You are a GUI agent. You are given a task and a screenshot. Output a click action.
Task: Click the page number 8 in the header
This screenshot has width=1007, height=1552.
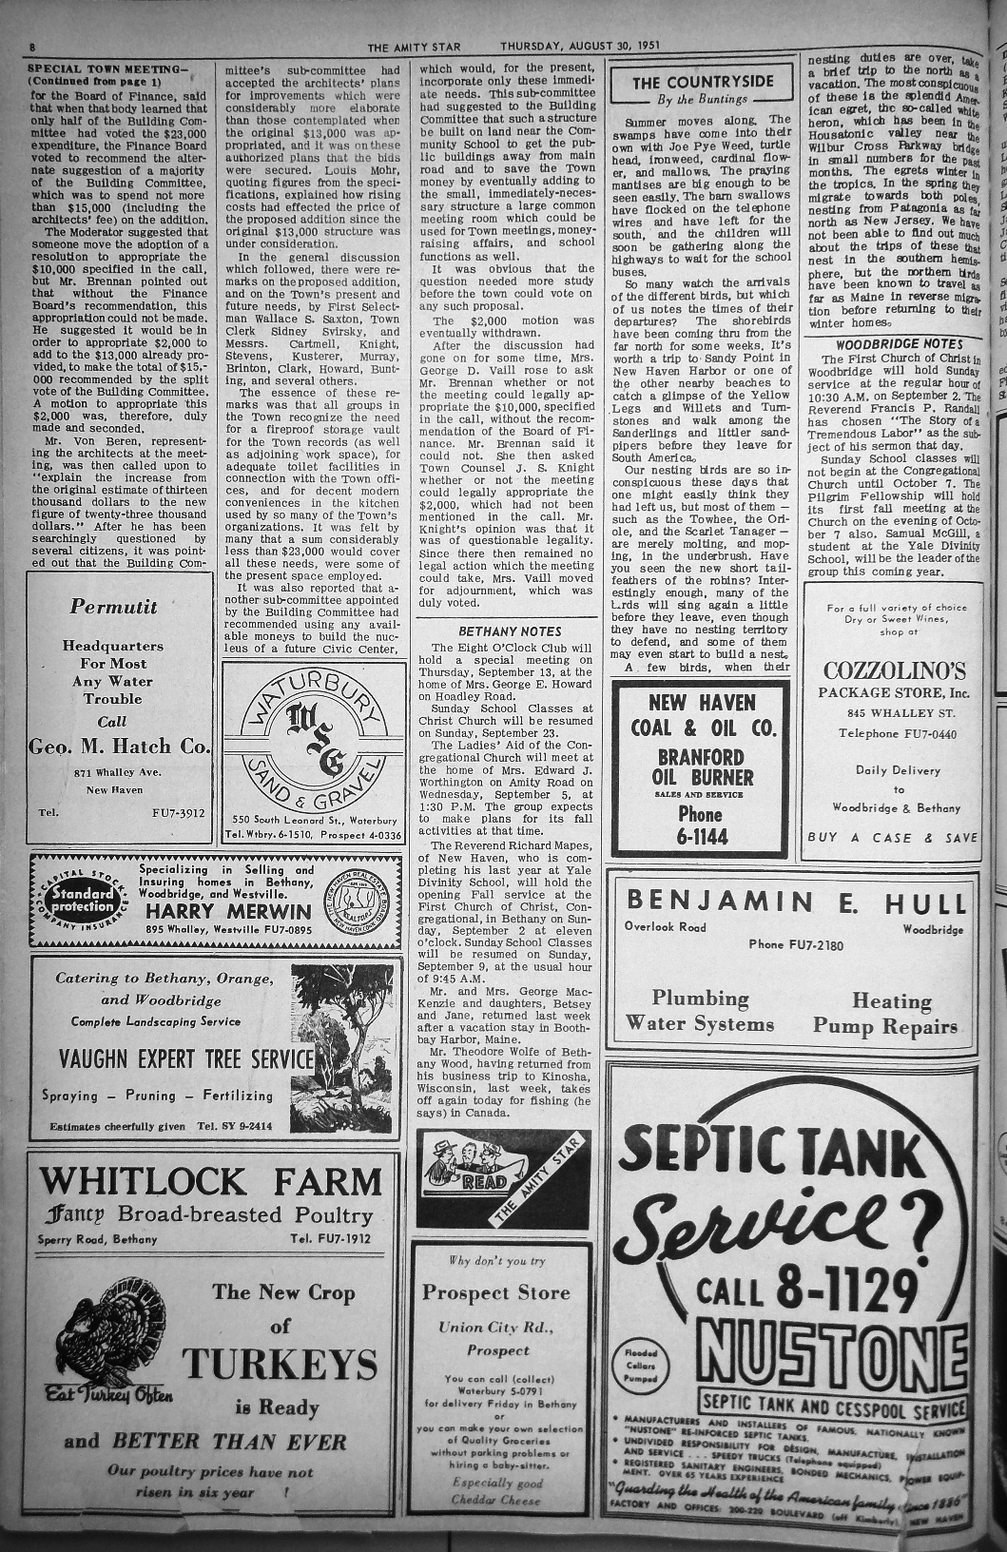(x=31, y=47)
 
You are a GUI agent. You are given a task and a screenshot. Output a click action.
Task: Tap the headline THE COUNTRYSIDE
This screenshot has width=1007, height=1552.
(x=703, y=83)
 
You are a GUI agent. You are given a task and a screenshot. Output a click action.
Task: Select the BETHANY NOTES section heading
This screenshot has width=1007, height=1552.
(x=510, y=631)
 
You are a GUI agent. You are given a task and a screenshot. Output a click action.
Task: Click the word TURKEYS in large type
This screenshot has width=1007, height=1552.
(x=281, y=1366)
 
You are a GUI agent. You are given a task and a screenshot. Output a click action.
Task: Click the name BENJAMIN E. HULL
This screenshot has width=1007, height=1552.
(x=795, y=901)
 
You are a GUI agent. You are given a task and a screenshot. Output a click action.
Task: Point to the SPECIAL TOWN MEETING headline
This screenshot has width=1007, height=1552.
(x=108, y=68)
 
